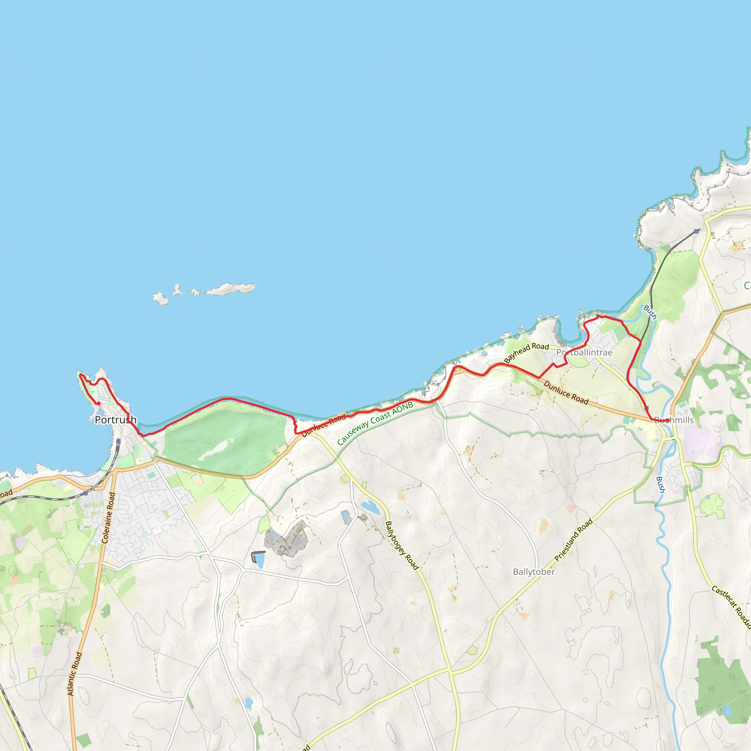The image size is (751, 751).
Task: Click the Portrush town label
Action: click(116, 420)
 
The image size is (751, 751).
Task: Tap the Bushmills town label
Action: click(674, 420)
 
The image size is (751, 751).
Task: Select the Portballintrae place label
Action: click(584, 352)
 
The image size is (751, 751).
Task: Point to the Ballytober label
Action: click(534, 572)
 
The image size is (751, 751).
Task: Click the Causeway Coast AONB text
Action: click(375, 424)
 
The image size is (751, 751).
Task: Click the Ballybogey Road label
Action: click(402, 545)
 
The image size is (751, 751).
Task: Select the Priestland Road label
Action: click(574, 540)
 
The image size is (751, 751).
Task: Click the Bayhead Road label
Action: click(526, 352)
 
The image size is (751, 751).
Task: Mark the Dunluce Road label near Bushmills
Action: click(566, 393)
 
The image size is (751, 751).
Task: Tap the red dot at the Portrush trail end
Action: click(99, 403)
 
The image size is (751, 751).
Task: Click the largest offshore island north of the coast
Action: click(230, 289)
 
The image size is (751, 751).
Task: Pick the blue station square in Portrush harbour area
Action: click(118, 441)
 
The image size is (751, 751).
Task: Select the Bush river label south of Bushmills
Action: click(660, 485)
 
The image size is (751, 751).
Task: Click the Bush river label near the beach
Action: click(650, 312)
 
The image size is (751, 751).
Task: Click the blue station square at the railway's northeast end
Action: click(696, 231)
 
